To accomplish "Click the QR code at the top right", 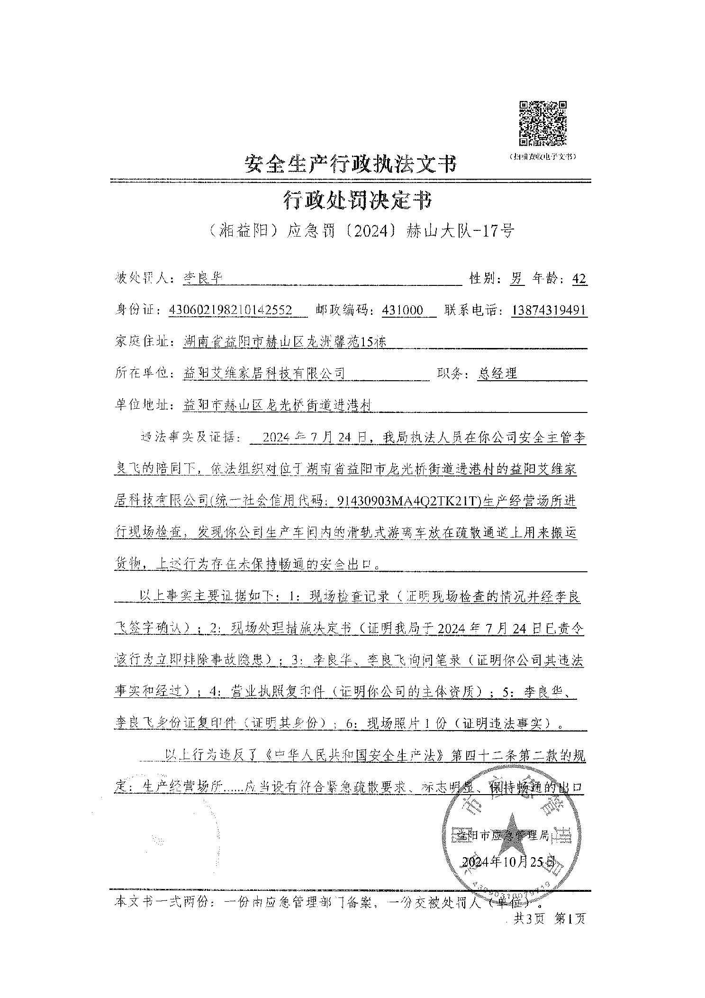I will pos(543,123).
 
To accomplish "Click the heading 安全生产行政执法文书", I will pos(351,164).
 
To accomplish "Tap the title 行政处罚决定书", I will pos(358,201).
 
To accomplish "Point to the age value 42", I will pos(579,278).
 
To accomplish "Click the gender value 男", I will pos(516,278).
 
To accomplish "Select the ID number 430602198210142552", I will pos(230,310).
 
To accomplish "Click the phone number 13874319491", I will pos(550,310).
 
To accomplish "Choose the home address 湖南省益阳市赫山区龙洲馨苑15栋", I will pos(284,341).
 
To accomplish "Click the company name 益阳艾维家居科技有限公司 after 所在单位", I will pos(264,373).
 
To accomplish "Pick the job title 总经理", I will pos(497,373).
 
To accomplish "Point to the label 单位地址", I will pos(143,405).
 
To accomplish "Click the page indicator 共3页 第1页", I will pos(550,918).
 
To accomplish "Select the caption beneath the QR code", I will pos(542,156).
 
